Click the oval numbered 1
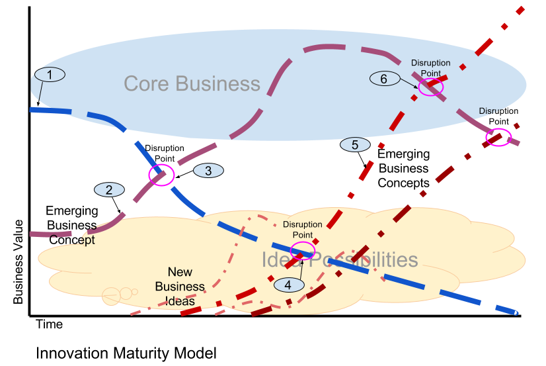[50, 74]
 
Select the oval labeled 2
[109, 190]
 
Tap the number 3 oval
[208, 171]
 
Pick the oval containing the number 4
[288, 285]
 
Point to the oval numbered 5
[355, 144]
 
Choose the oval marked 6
[383, 79]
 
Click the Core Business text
[192, 84]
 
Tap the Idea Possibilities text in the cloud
[340, 259]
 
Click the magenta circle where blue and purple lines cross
[161, 175]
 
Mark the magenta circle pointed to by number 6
[431, 87]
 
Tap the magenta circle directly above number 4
[303, 250]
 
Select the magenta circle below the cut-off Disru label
[498, 137]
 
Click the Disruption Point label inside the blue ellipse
[430, 68]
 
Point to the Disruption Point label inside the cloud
[302, 230]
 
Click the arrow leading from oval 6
[408, 83]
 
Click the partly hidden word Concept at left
[72, 240]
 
